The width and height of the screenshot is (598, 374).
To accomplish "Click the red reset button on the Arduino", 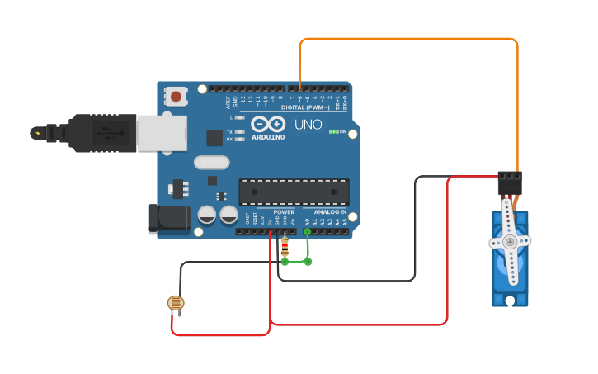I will click(176, 97).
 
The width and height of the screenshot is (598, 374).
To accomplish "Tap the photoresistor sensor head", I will click(175, 304).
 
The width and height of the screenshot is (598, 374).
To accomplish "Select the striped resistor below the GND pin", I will click(285, 245).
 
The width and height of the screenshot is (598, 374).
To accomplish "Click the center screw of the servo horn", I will click(511, 242).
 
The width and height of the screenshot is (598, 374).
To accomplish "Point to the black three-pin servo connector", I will click(510, 182).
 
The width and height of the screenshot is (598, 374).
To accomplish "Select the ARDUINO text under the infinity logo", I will click(268, 137).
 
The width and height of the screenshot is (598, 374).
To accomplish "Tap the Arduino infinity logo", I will click(268, 124).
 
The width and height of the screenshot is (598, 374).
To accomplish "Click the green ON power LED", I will click(333, 131).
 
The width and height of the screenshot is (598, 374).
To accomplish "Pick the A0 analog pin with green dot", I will click(308, 232).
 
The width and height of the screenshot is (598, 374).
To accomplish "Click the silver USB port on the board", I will click(162, 132).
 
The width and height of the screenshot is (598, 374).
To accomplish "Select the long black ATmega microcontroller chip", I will click(294, 192).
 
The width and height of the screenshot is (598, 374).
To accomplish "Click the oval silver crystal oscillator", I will click(211, 163).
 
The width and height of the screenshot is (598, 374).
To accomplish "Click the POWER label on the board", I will click(284, 212).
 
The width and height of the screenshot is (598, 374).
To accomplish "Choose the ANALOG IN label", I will click(330, 212).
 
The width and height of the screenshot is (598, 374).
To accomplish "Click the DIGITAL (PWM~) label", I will click(305, 107).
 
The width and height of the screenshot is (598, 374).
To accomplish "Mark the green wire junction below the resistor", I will click(285, 262).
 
